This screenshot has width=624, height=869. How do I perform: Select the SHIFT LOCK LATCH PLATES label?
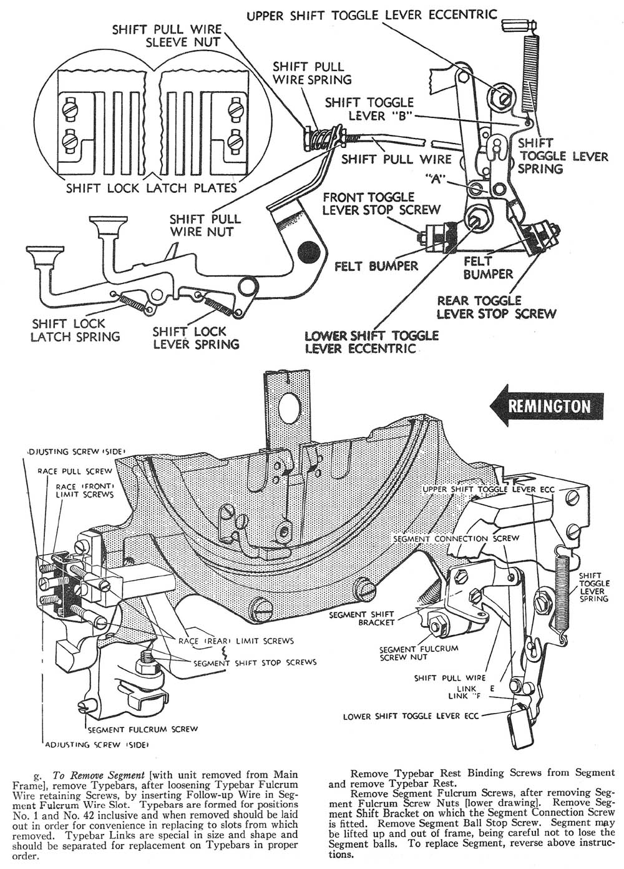coord(152,187)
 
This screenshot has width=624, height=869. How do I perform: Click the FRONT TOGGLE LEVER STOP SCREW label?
coord(381,204)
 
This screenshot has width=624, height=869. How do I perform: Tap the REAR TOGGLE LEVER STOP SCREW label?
coord(496,307)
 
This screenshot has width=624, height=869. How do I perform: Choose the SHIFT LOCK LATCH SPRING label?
coord(76,330)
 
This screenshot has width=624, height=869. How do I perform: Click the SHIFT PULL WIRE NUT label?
coord(205,225)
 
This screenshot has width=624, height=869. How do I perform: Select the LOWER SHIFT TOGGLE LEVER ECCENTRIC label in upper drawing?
coord(371,341)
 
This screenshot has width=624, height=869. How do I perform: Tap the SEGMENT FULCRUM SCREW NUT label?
coord(418,653)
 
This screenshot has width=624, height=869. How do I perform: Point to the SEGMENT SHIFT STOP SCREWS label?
coord(255,662)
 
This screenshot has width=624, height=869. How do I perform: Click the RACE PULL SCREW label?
coord(75,471)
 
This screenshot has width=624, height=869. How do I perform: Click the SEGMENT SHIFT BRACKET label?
coord(374,619)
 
